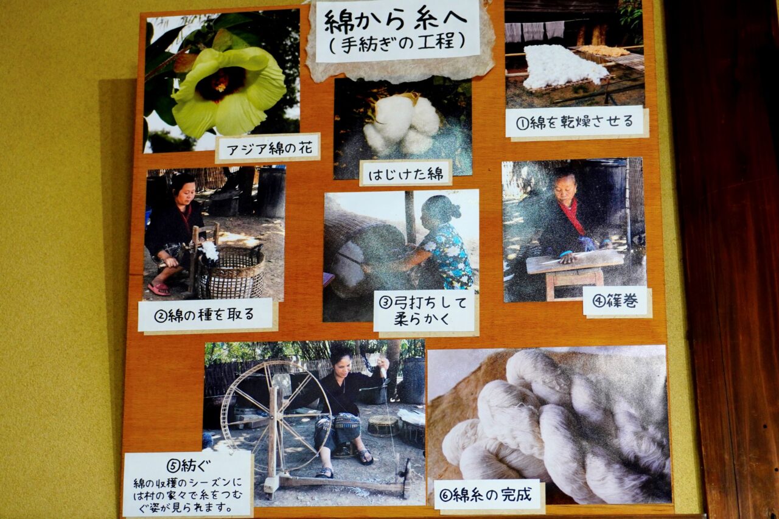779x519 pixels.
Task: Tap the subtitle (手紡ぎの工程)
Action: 396,43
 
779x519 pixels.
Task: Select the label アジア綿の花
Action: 268,148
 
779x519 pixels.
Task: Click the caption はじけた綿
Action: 405,173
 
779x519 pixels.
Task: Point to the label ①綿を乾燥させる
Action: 575,122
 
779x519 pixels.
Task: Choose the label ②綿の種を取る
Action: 206,315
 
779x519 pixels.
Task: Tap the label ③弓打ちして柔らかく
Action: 425,310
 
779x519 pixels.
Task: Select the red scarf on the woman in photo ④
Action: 571,216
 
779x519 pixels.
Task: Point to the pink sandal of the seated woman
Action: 159,288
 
